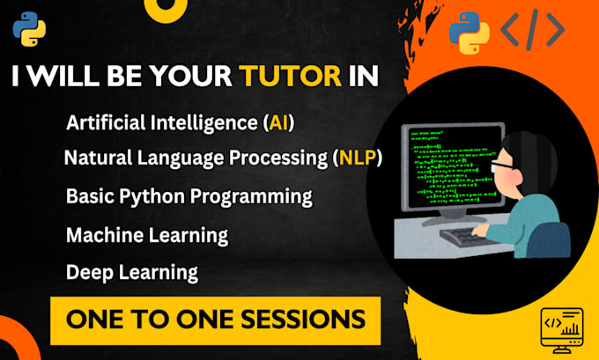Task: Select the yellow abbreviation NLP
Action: tap(359, 159)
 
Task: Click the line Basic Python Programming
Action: tap(189, 196)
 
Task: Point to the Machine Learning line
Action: tap(146, 234)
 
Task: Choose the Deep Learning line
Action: tap(130, 272)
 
